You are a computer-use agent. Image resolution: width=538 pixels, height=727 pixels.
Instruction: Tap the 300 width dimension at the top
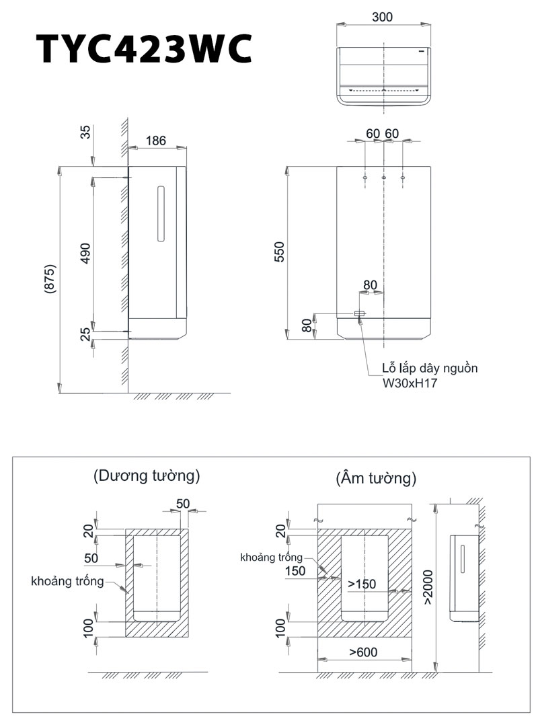click(x=382, y=17)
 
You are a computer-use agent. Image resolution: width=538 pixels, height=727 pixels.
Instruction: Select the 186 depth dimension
click(x=155, y=141)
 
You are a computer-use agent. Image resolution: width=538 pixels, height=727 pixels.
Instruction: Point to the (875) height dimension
click(x=50, y=278)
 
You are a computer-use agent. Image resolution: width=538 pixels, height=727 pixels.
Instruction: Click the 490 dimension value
click(x=85, y=254)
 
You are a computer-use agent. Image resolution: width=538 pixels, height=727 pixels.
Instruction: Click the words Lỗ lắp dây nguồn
click(x=429, y=369)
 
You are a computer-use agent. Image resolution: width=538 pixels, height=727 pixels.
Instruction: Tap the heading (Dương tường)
click(x=147, y=476)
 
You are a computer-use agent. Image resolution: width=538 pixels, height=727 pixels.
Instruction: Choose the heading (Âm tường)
click(x=375, y=478)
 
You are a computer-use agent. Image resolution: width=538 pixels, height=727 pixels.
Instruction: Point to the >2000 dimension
click(x=428, y=586)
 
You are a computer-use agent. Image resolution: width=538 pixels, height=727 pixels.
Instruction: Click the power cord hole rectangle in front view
click(x=360, y=314)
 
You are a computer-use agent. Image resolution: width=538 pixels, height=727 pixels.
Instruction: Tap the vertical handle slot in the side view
click(x=160, y=213)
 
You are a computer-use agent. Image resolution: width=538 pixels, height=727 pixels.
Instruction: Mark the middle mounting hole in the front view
click(x=383, y=178)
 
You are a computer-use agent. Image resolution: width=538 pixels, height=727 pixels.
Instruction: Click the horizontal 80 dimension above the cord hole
click(x=370, y=284)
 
